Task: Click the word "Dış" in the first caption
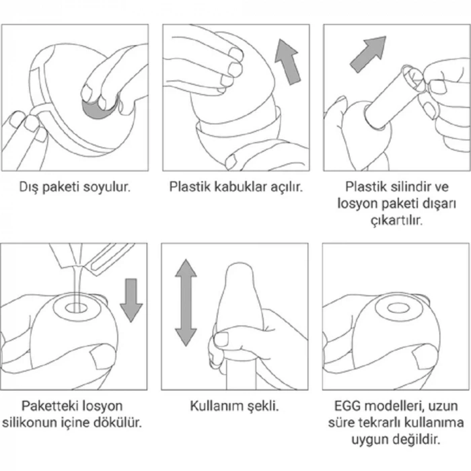[29, 187]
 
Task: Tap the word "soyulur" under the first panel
[107, 188]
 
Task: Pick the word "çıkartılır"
[396, 221]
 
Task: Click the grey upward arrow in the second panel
[287, 62]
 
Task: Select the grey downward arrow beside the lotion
[131, 300]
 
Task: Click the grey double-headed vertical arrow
[186, 303]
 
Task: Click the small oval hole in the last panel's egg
[398, 308]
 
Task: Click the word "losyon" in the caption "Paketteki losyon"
[102, 406]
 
